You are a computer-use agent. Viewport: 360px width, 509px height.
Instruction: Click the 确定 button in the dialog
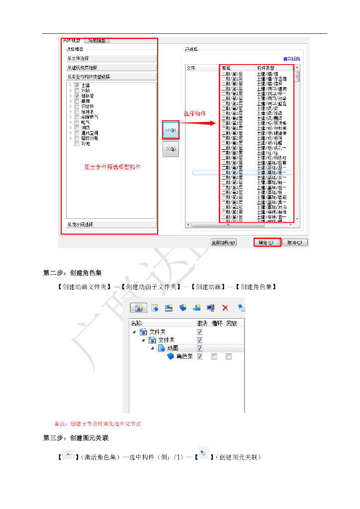[268, 243]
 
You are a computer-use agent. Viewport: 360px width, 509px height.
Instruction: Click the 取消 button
[296, 243]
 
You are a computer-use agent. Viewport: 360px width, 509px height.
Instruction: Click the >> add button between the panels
[171, 130]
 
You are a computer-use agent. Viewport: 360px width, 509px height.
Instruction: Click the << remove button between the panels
[171, 149]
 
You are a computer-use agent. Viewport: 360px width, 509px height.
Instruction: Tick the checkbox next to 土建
[77, 85]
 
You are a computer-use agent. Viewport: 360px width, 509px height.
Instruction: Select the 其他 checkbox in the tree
[77, 144]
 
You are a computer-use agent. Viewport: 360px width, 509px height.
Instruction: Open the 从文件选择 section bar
[111, 59]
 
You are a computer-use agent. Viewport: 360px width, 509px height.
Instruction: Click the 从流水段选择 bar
[111, 225]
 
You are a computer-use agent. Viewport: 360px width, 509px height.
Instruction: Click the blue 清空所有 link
[291, 59]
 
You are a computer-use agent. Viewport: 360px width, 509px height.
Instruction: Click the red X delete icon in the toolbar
[225, 308]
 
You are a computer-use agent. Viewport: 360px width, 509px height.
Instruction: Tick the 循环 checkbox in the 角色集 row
[214, 356]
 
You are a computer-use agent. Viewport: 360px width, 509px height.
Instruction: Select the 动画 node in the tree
[172, 348]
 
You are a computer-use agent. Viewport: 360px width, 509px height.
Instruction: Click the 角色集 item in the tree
[184, 356]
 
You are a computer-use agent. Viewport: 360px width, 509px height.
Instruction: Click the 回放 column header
[232, 323]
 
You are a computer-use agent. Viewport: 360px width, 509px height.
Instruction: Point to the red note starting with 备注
[97, 424]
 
